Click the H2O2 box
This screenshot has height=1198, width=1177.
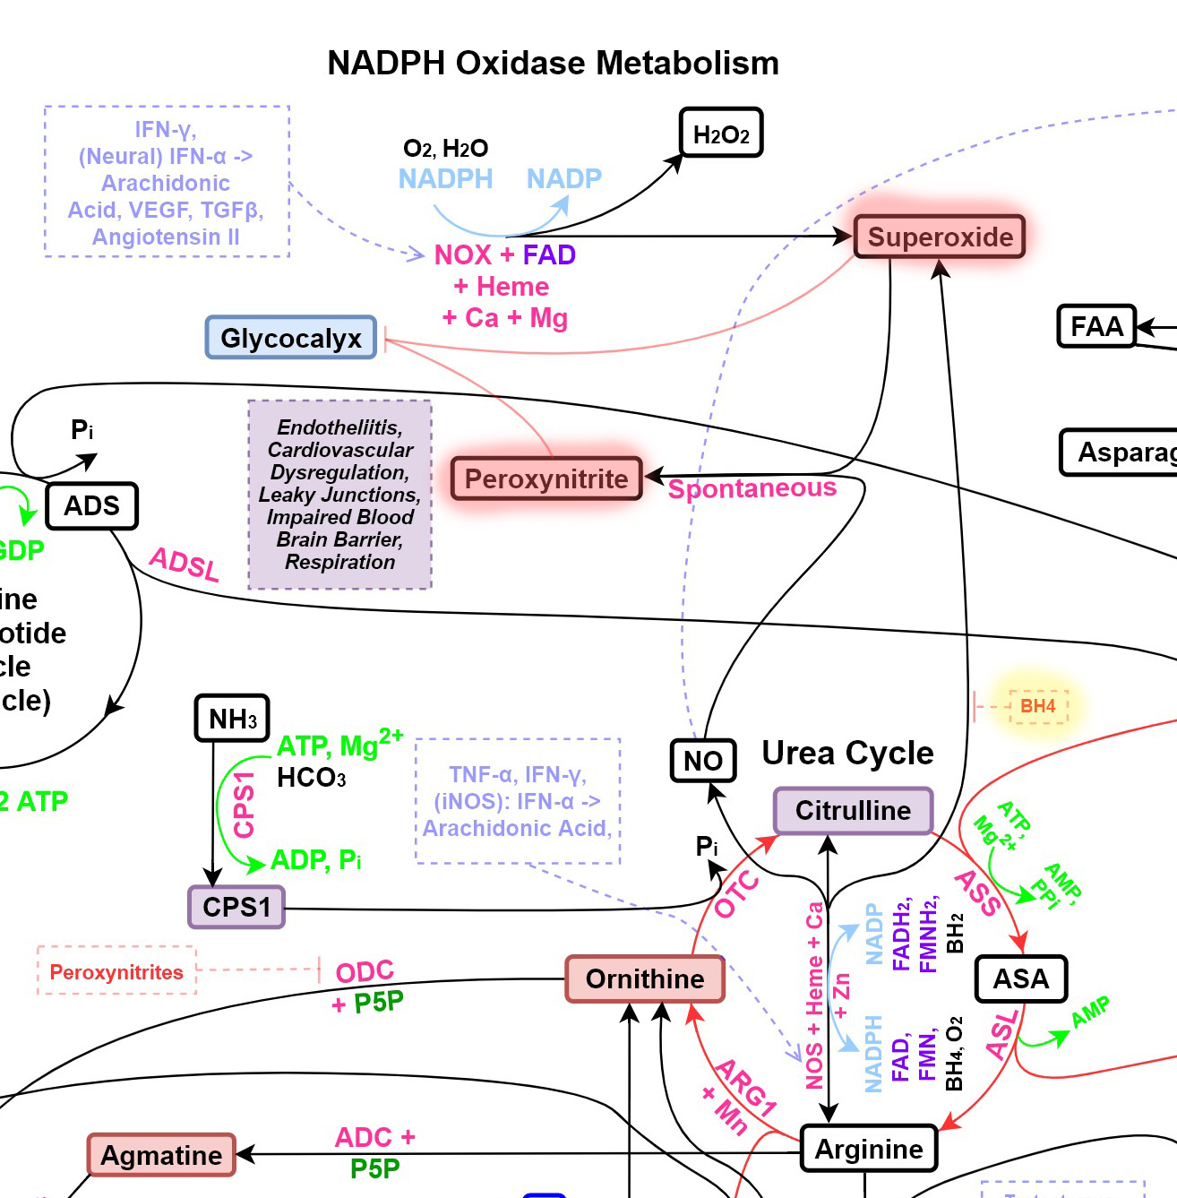pos(721,134)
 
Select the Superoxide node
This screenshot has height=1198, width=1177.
pos(940,237)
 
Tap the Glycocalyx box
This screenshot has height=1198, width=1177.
pos(291,338)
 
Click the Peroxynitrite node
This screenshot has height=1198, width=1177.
pos(546,478)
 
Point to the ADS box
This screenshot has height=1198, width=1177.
pos(91,505)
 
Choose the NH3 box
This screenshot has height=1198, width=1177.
pos(232,719)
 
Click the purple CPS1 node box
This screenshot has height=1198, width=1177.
pos(236,907)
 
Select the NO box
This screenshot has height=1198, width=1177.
pos(703,761)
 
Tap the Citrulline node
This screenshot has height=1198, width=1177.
pos(853,810)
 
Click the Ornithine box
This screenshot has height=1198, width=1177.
pos(645,978)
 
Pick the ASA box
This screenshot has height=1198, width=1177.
pos(1021,978)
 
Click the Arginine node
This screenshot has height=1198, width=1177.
pos(868,1149)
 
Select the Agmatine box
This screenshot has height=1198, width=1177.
pos(161,1155)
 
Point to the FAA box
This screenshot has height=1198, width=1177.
pos(1096,326)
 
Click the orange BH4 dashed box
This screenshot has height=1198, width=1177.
pos(1038,706)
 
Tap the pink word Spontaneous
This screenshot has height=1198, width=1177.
pos(752,488)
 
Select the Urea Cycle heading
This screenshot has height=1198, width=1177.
pos(847,753)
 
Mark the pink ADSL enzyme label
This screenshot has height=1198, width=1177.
pos(185,565)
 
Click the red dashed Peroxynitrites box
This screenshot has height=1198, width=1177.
pos(116,972)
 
